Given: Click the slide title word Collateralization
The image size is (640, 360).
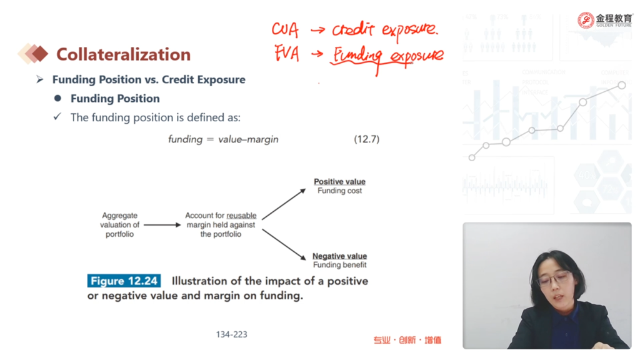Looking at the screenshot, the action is point(123,54).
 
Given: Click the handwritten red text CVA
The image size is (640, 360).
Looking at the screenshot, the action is point(285,29).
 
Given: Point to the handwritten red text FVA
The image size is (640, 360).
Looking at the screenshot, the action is point(286,54).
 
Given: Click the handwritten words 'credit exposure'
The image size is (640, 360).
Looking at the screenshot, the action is point(385,30).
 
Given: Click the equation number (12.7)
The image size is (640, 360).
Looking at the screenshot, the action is point(366,139).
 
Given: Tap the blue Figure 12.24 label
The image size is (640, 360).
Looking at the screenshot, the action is point(124,281).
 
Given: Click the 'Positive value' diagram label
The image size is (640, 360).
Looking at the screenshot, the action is point(339,182).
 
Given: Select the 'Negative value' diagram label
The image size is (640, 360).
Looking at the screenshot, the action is point(339,256).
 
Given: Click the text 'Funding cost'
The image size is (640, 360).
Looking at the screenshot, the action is point(339,191).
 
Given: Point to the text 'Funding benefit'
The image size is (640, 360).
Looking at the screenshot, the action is point(339,265).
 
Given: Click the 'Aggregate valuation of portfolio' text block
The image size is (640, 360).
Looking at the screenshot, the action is point(119,224).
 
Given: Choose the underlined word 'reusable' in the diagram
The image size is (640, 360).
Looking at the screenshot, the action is point(242,216).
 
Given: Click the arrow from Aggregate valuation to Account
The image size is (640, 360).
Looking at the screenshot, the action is point(162,225).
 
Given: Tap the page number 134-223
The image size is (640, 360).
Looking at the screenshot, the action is point(231,334).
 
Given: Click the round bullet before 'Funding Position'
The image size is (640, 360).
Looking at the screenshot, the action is point(57,98).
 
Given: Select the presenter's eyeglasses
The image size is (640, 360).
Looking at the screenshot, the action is point(553,279).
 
